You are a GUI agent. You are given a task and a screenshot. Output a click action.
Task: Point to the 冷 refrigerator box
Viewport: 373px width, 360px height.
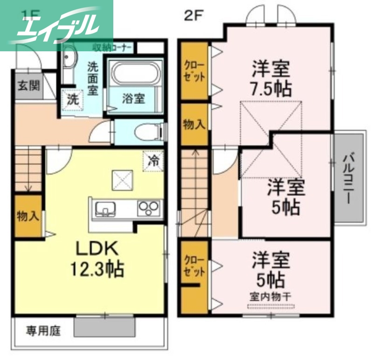pyautogui.click(x=153, y=161)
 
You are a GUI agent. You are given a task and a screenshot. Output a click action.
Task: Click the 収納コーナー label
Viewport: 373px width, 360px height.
pyautogui.click(x=112, y=47)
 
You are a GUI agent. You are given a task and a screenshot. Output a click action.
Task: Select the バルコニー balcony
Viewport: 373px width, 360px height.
pyautogui.click(x=349, y=178)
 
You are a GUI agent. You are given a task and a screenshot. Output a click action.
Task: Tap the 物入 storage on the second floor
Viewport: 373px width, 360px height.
pyautogui.click(x=194, y=125)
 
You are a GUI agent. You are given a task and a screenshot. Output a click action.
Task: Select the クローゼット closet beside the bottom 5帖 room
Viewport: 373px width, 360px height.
pyautogui.click(x=194, y=266)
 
